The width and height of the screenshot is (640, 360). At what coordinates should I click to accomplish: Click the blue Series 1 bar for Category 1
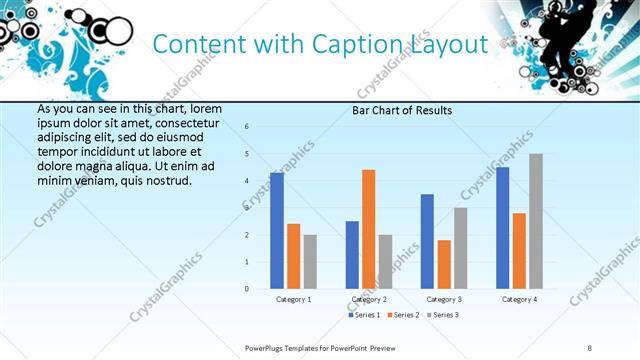277,231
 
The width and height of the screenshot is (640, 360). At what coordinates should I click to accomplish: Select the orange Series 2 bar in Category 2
368,229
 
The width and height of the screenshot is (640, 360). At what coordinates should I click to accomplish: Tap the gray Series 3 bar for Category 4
536,221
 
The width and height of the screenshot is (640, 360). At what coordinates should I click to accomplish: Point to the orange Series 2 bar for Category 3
444,264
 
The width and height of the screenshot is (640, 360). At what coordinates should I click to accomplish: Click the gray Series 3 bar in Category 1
310,262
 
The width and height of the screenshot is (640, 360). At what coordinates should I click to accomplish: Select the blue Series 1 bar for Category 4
502,228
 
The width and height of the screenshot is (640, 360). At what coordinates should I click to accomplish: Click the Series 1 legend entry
364,315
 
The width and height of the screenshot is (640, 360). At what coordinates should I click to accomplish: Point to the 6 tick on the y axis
247,126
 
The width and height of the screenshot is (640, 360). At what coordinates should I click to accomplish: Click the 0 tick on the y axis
247,289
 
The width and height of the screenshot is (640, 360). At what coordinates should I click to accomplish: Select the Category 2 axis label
368,299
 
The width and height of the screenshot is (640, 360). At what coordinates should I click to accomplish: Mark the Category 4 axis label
519,299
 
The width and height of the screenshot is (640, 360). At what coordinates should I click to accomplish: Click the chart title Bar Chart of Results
401,110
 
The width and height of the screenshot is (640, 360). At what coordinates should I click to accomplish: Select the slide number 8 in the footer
590,347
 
